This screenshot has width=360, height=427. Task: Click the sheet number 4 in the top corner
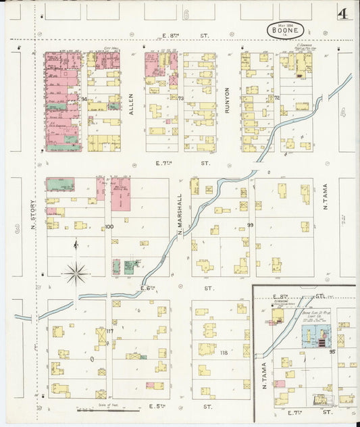point(344,13)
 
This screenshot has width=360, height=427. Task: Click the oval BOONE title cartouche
point(285,29)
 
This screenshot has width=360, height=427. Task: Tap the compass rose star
point(76,274)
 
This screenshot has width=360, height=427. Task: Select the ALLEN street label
point(131,102)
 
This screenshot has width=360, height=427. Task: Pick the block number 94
point(84,100)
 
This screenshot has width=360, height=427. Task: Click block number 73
point(181,99)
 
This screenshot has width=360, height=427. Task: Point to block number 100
point(109,227)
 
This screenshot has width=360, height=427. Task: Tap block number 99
point(251,225)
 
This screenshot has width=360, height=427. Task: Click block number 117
point(109,330)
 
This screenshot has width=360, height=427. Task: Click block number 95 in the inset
point(332,352)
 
